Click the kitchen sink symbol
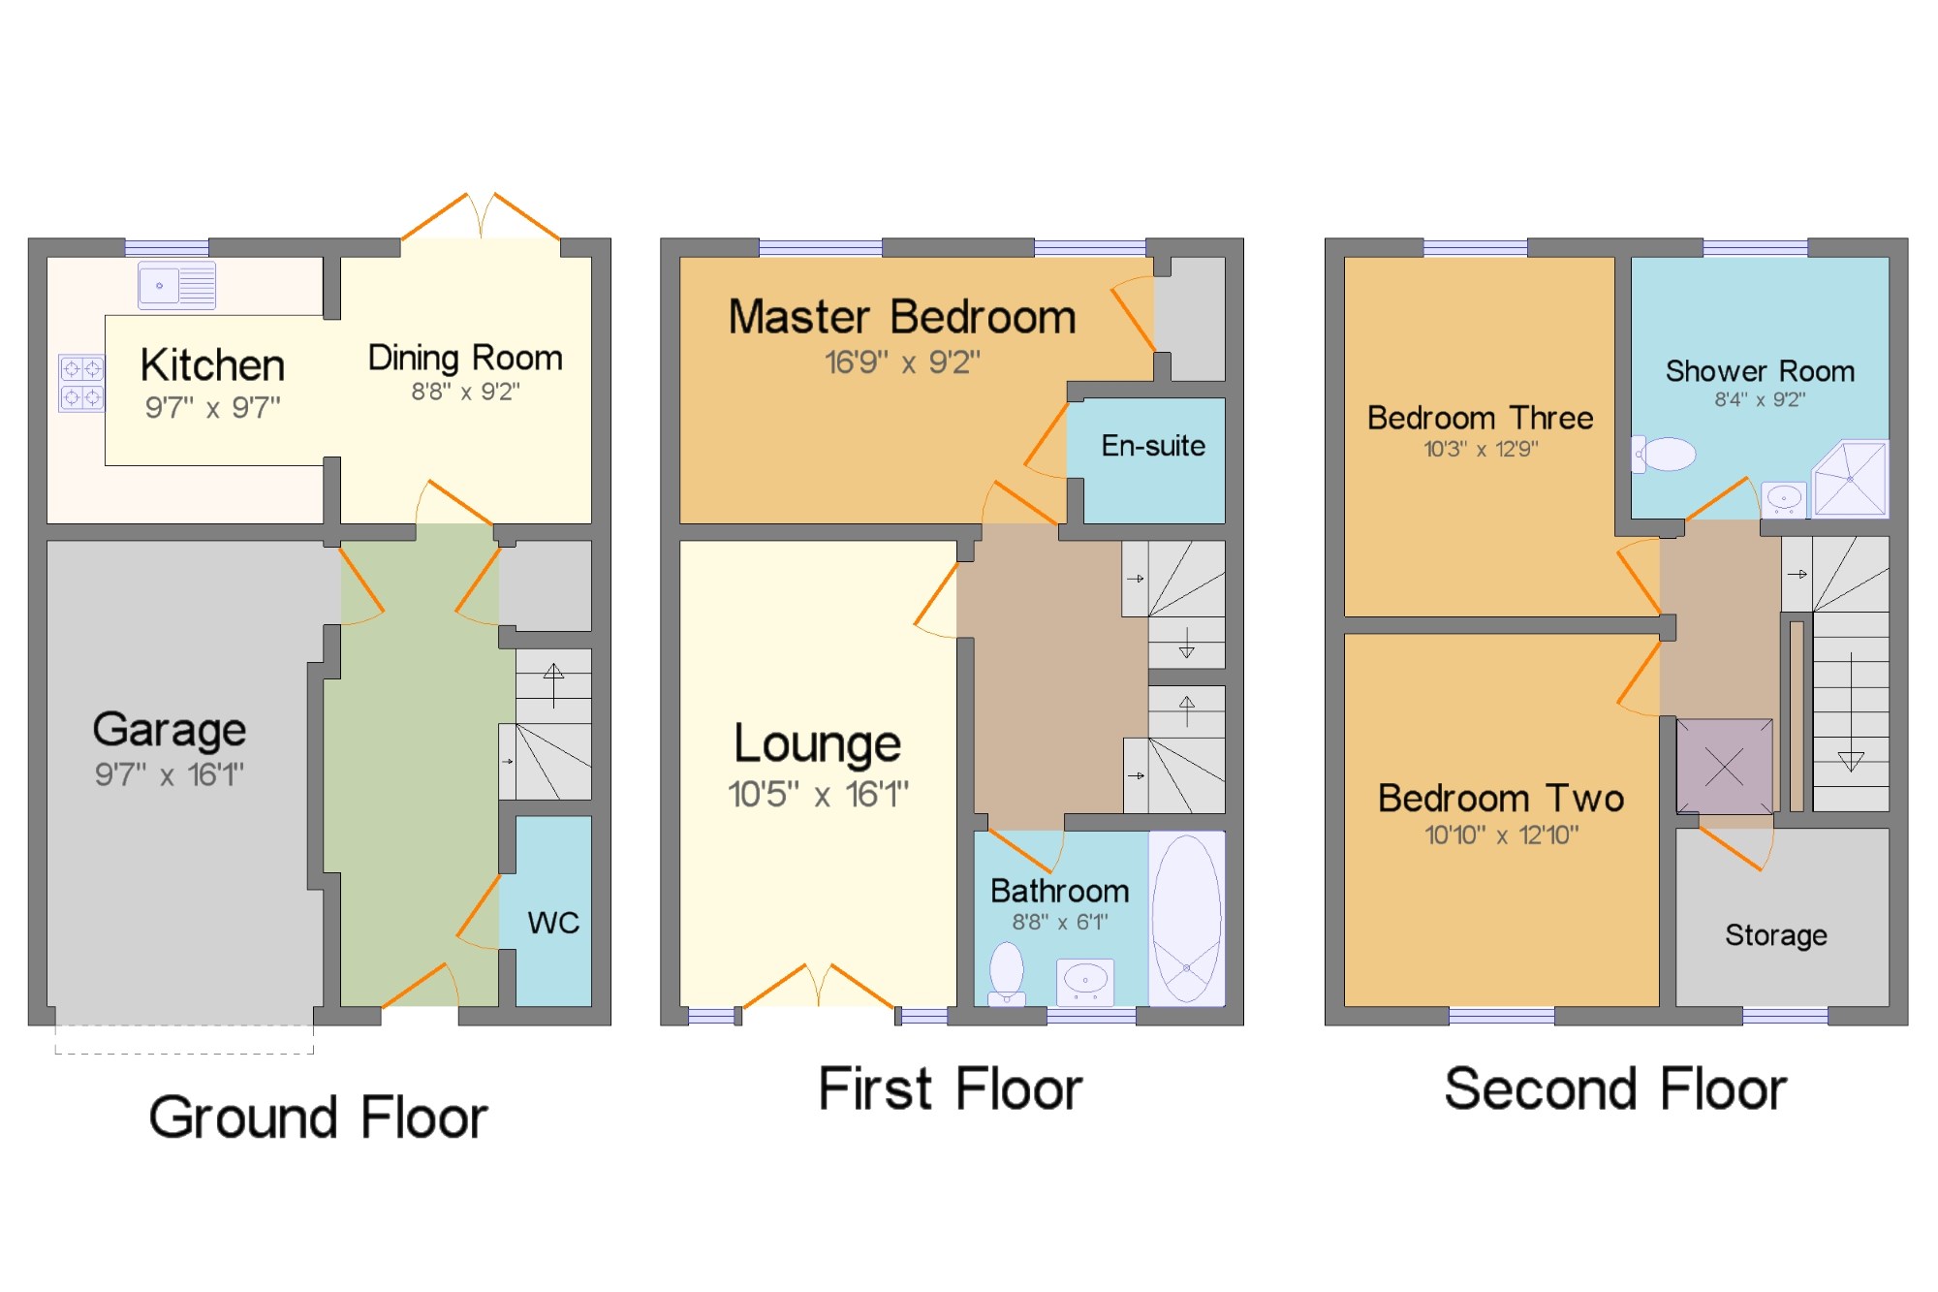point(176,285)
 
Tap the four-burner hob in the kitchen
point(81,383)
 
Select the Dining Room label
point(465,359)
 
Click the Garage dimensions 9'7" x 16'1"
point(170,774)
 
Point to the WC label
point(553,923)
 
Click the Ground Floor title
point(318,1118)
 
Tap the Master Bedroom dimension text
point(902,362)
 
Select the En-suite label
point(1153,446)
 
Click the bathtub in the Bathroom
point(1187,918)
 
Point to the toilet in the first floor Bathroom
point(1007,974)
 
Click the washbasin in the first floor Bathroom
point(1085,982)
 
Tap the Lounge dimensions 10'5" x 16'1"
point(819,795)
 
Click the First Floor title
point(951,1088)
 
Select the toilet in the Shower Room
point(1664,454)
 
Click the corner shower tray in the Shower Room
point(1851,479)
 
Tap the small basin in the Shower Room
point(1784,498)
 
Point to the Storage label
point(1776,935)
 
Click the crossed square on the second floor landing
point(1725,767)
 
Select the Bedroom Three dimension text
point(1481,449)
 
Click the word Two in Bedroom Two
point(1585,799)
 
